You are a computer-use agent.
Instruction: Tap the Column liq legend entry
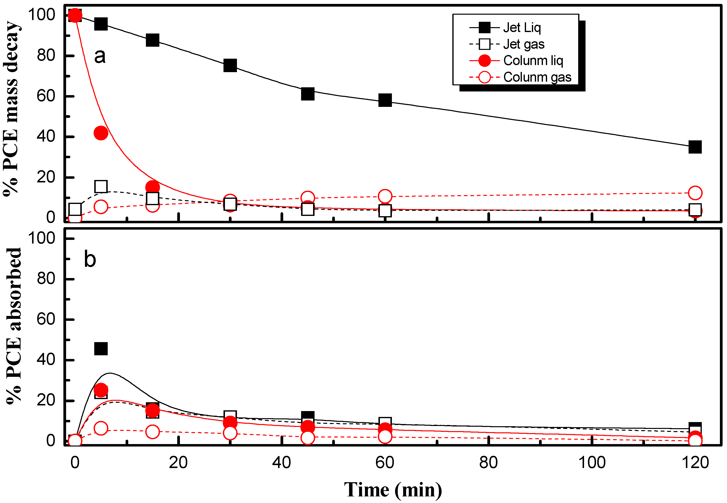pos(533,60)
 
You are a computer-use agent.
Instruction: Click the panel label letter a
pos(100,56)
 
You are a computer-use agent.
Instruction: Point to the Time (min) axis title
pos(393,490)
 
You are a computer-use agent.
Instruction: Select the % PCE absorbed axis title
pos(13,326)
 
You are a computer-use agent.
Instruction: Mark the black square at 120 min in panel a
pos(695,147)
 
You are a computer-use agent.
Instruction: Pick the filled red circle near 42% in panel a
pos(101,133)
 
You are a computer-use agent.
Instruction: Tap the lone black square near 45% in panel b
pos(101,348)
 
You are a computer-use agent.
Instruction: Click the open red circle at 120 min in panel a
pos(695,193)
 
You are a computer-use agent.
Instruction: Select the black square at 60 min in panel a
pos(385,100)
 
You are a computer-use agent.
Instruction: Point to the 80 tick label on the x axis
pos(488,463)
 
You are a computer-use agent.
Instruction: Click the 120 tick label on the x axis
pos(695,463)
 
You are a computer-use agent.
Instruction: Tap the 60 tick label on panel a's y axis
pos(46,96)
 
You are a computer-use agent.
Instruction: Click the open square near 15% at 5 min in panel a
pos(101,187)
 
